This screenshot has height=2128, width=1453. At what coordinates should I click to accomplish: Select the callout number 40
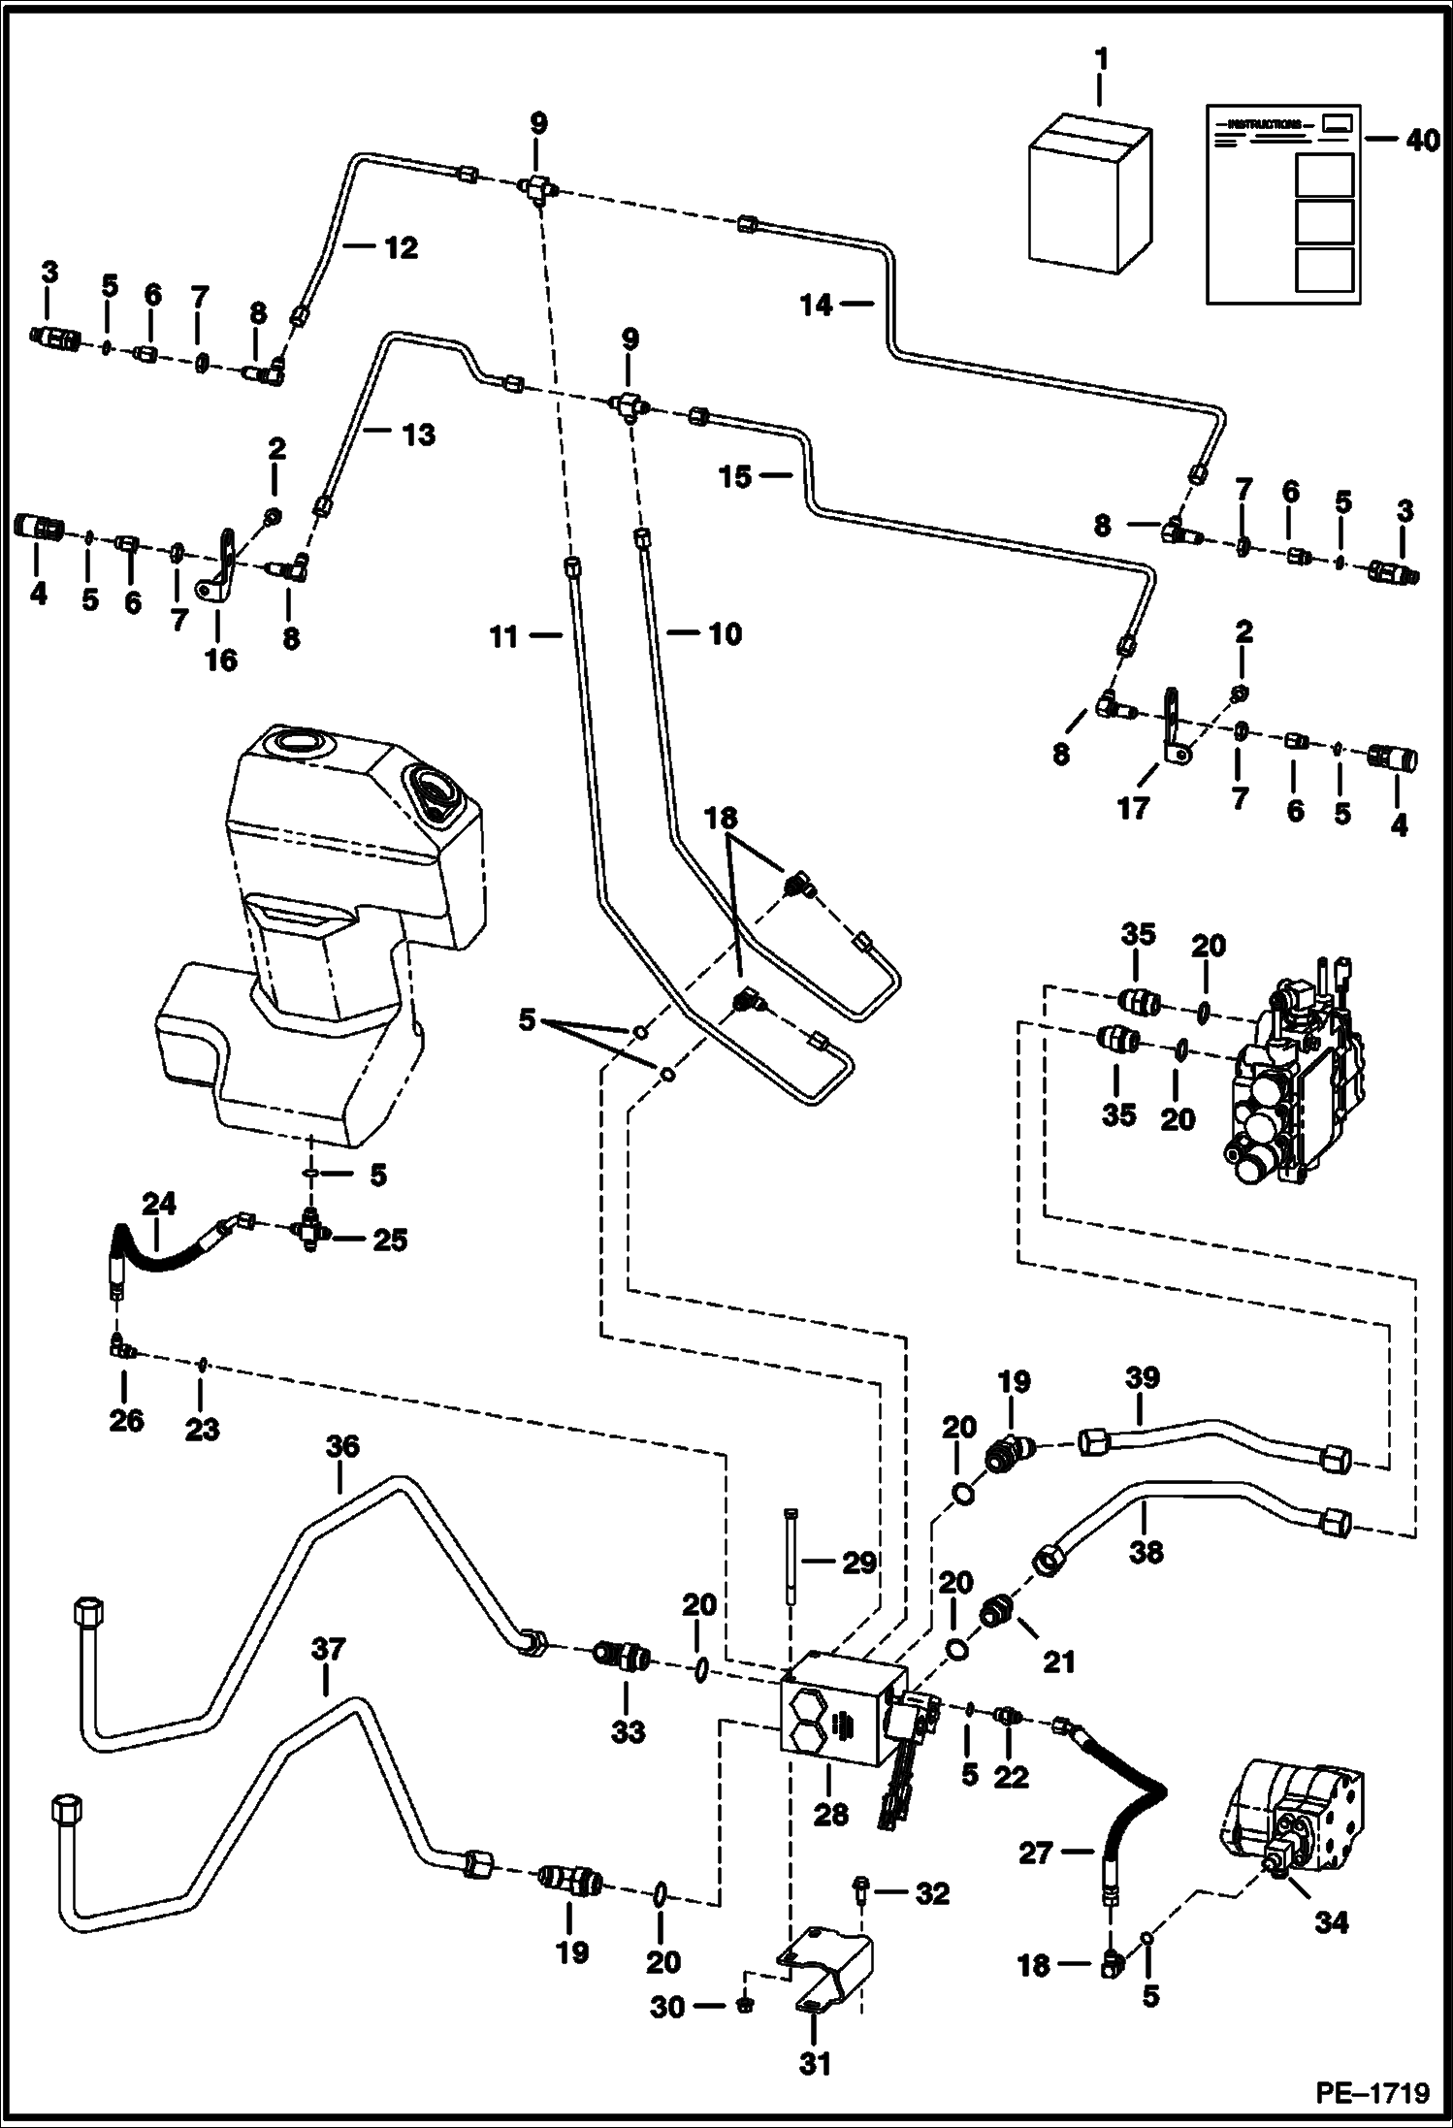1422,141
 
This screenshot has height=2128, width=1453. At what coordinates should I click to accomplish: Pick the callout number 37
326,1649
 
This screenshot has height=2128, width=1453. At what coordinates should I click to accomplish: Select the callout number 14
817,306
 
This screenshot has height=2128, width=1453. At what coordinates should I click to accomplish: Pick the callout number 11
531,636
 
